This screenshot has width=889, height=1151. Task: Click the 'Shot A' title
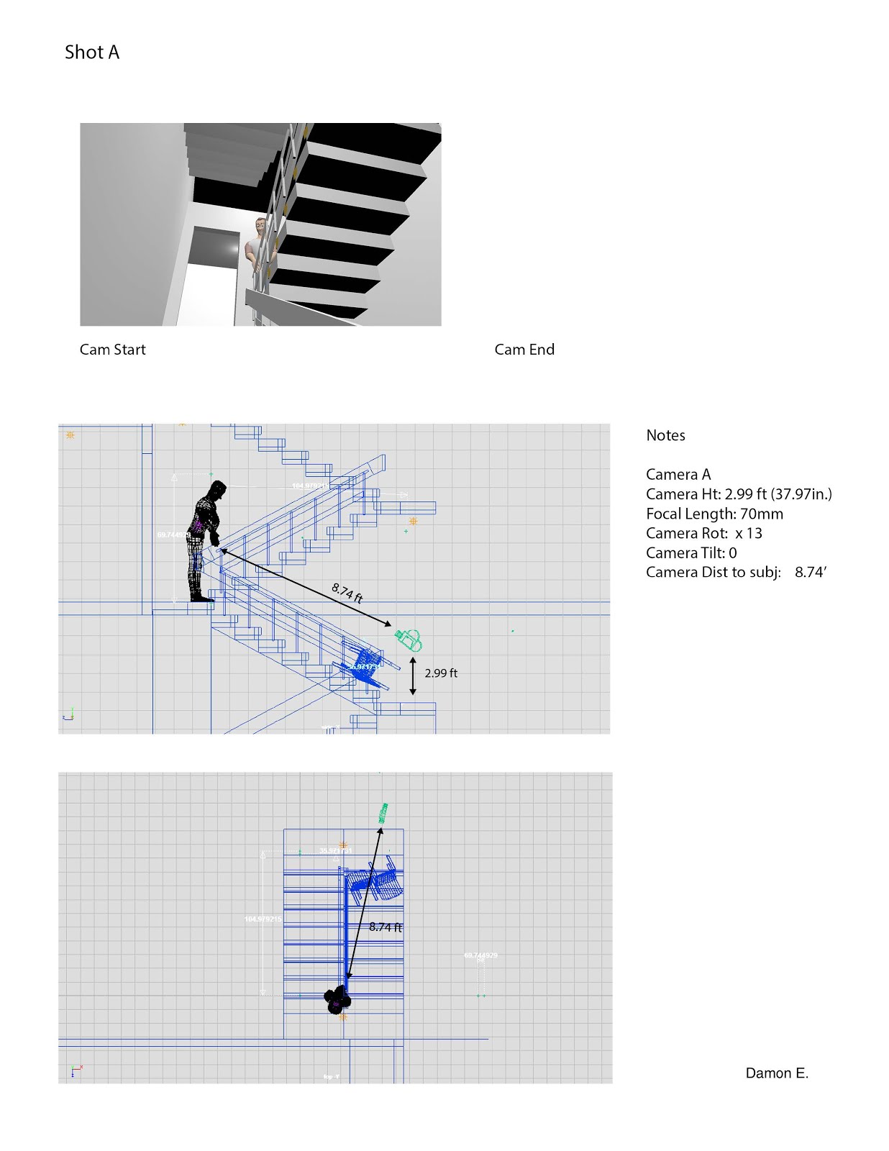coord(92,53)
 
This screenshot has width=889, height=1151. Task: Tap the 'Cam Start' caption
coord(112,350)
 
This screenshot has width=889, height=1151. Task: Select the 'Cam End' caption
coord(524,350)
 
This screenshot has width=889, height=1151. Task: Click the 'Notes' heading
coord(665,435)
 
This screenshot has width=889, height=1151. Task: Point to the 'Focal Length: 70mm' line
coord(714,514)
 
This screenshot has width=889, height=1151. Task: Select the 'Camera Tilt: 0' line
coord(691,552)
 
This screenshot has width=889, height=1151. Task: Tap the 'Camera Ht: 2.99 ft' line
coord(739,494)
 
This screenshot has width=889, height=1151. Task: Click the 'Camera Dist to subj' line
coord(736,572)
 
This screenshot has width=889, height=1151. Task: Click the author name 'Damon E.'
coord(777,1073)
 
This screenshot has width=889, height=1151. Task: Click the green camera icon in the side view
coord(409,639)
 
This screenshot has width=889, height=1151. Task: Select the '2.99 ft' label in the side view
coord(441,673)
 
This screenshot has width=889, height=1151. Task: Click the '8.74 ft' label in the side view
coord(347,592)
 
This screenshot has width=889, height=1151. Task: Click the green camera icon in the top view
coord(384,813)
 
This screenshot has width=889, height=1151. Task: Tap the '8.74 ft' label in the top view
coord(386,927)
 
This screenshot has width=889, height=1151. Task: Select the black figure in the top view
coord(337,1000)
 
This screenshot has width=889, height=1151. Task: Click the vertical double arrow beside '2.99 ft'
coord(413,675)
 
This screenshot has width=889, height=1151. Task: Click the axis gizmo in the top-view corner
coord(76,1071)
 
